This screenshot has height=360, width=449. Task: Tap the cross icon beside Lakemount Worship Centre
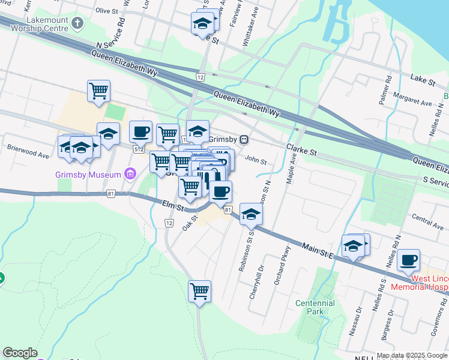tap(77, 23)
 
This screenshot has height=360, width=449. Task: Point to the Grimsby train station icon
tap(244, 139)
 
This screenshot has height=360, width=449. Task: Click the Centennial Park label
tap(315, 307)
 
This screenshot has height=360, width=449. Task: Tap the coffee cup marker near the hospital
tap(408, 260)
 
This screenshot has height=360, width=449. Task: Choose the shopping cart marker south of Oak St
tap(199, 292)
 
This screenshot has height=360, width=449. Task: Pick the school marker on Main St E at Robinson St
tap(251, 214)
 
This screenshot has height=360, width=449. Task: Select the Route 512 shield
tap(139, 149)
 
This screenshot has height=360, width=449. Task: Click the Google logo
tap(20, 353)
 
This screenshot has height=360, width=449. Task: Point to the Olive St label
tap(107, 11)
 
